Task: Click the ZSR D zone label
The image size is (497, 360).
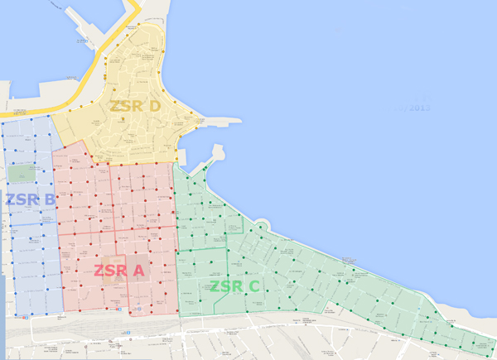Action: pyautogui.click(x=135, y=107)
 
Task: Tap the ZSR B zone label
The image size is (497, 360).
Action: pyautogui.click(x=31, y=199)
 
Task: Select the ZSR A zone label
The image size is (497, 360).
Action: pyautogui.click(x=118, y=271)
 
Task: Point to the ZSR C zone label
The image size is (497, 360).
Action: pyautogui.click(x=234, y=287)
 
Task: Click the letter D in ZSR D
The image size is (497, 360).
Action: pyautogui.click(x=154, y=107)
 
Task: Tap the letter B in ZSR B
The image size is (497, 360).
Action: pyautogui.click(x=49, y=199)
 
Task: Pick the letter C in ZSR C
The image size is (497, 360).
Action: pyautogui.click(x=253, y=287)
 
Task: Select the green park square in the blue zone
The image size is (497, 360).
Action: pyautogui.click(x=26, y=173)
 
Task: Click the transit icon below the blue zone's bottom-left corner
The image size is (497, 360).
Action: pyautogui.click(x=27, y=316)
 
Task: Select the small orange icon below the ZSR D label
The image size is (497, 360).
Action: pyautogui.click(x=123, y=119)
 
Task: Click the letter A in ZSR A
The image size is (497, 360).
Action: pyautogui.click(x=137, y=271)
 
